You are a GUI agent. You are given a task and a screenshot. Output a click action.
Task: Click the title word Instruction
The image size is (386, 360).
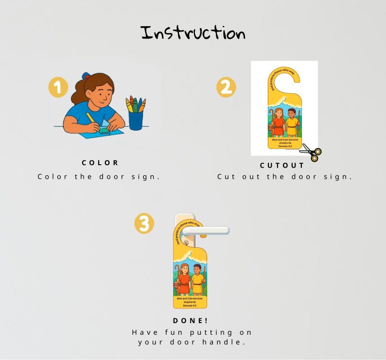[x=193, y=33]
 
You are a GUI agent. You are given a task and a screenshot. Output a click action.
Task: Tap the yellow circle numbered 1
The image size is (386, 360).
[x=58, y=88]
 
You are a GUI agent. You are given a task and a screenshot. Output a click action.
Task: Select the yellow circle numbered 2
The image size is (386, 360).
[x=226, y=88]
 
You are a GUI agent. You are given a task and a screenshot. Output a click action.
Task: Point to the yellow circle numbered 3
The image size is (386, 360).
[x=144, y=224]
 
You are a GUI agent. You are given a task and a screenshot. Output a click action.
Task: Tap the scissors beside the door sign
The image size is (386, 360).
[x=311, y=152]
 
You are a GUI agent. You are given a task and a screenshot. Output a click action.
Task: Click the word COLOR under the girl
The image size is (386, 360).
[x=100, y=163]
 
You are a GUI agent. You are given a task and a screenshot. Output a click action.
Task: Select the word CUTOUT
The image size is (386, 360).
[x=282, y=165]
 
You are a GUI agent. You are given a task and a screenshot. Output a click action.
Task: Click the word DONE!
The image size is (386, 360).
[x=191, y=321]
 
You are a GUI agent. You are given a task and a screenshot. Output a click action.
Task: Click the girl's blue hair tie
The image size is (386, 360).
[x=86, y=76]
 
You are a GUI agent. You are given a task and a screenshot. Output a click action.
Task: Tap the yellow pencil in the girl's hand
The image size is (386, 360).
[x=91, y=119]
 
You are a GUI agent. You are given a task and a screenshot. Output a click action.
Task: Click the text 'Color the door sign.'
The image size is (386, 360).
[x=99, y=176]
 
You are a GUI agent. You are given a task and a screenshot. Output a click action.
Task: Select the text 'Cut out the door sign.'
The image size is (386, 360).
[x=284, y=176]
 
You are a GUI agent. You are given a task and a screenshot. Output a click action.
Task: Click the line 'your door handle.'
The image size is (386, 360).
[x=191, y=342]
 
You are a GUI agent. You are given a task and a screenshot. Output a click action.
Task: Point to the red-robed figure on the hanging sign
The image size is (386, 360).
[x=184, y=280]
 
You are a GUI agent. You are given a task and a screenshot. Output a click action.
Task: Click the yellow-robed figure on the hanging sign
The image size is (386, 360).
[x=197, y=281]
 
